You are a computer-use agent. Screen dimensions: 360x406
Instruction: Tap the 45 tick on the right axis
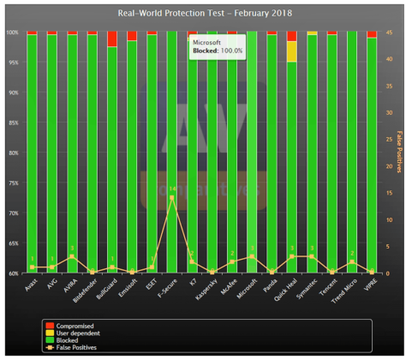pos(388,33)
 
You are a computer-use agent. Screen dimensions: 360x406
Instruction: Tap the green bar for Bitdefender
pos(92,154)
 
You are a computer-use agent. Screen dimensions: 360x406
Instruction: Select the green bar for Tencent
pos(331,154)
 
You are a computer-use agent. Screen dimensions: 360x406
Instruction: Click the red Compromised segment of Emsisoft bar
pos(131,36)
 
